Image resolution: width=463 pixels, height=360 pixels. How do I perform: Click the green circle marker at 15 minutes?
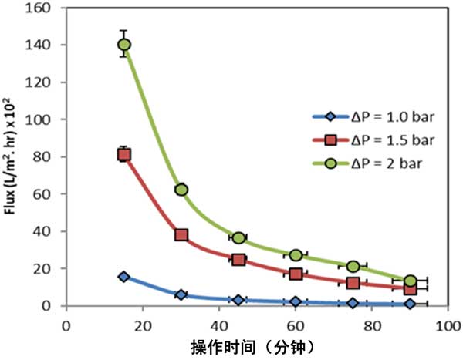pyautogui.click(x=124, y=45)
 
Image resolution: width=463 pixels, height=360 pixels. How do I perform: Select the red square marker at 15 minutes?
pyautogui.click(x=124, y=154)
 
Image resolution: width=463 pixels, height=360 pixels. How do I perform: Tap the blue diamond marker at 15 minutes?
pyautogui.click(x=124, y=276)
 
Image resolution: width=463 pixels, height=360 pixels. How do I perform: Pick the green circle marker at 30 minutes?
pyautogui.click(x=181, y=190)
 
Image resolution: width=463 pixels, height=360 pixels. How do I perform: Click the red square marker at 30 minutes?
pyautogui.click(x=181, y=234)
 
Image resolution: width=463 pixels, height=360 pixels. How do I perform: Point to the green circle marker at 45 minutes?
pyautogui.click(x=238, y=237)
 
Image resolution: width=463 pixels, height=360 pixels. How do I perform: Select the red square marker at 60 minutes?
pyautogui.click(x=296, y=274)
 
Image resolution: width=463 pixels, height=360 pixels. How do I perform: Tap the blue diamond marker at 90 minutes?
pyautogui.click(x=410, y=304)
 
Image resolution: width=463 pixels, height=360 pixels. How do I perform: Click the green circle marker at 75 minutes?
pyautogui.click(x=353, y=266)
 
